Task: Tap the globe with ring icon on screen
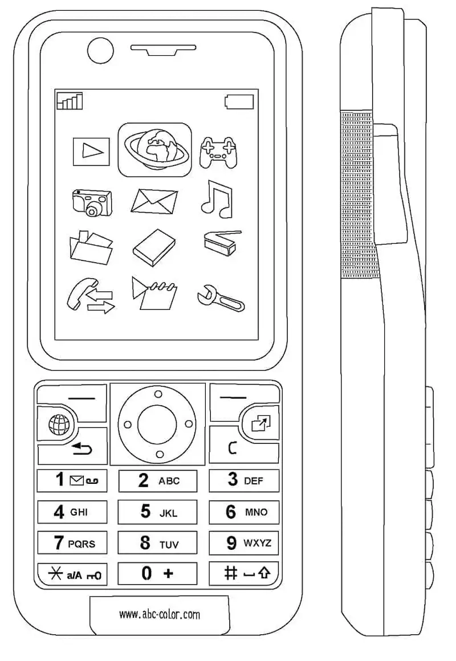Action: click(x=154, y=149)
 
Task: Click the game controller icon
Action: click(x=217, y=151)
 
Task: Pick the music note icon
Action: click(x=217, y=199)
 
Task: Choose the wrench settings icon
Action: click(x=221, y=297)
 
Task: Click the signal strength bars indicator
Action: click(x=70, y=101)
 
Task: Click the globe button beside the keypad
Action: click(x=56, y=424)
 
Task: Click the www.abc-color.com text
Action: click(x=159, y=614)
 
